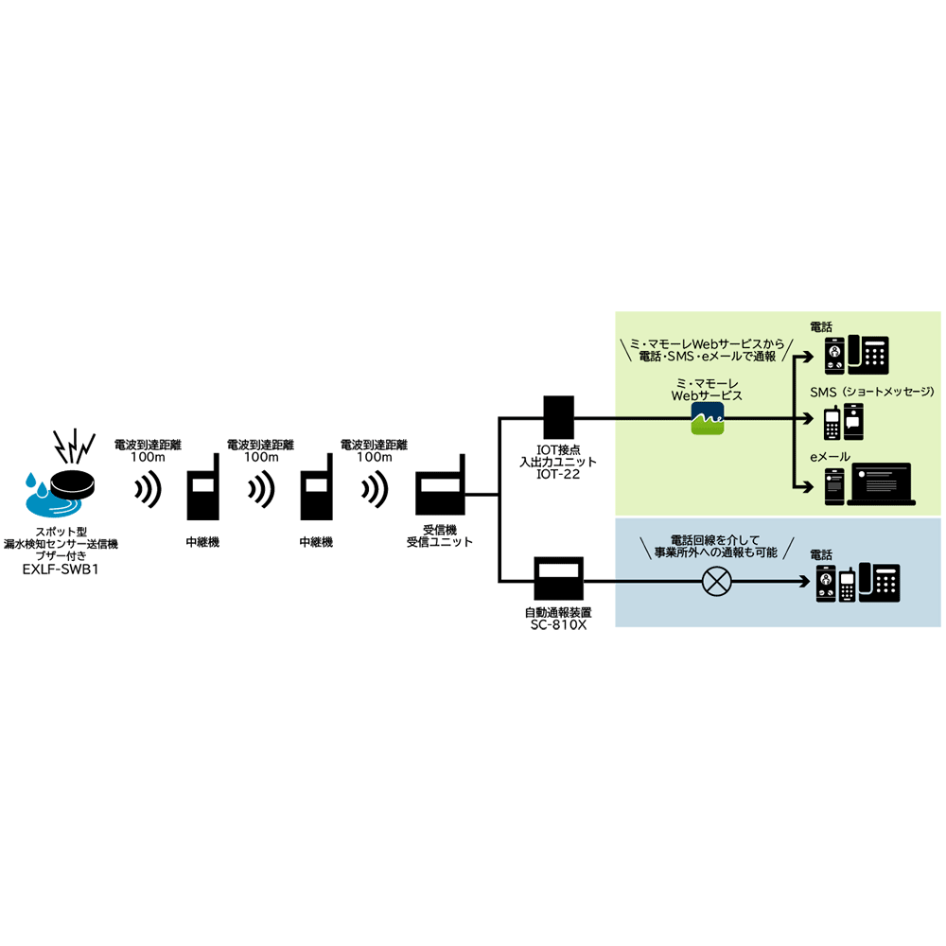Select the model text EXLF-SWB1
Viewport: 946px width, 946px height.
(61, 570)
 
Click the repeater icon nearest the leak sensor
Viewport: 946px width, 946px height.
(202, 491)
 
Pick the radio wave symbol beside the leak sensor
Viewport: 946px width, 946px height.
(148, 489)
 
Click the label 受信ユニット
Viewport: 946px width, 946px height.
(440, 543)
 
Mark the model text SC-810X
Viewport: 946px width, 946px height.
(559, 625)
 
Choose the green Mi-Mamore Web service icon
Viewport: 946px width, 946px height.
(707, 417)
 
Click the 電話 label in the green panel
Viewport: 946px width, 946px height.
(822, 326)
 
